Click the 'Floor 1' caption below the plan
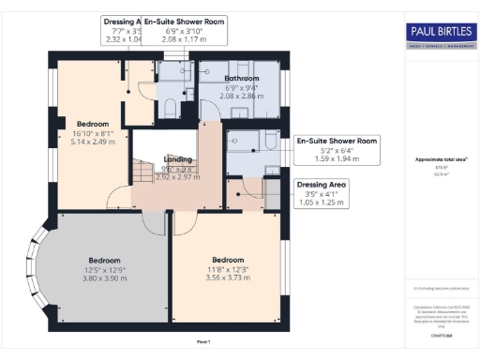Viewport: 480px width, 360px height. tap(203, 341)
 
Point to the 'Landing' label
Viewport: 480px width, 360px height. tap(177, 159)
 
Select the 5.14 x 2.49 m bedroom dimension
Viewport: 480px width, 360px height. tap(93, 142)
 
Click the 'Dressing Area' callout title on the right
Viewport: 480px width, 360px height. tap(320, 185)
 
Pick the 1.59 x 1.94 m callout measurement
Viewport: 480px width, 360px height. tap(336, 157)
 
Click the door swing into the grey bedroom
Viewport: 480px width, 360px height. tap(153, 221)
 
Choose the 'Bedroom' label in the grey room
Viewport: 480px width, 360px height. tap(104, 260)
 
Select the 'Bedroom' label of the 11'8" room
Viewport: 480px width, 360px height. tap(228, 260)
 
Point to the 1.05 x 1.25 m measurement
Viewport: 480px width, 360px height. tap(320, 202)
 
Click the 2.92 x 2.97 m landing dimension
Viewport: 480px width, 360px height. tap(177, 176)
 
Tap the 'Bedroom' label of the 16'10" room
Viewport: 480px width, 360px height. tap(93, 124)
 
